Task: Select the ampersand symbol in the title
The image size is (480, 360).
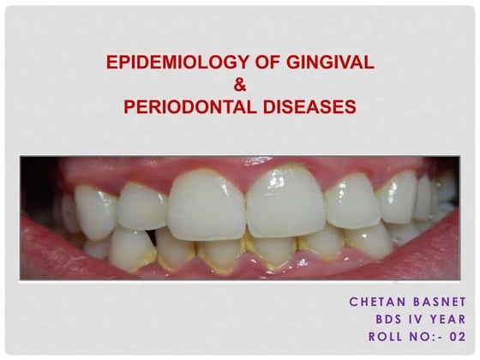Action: click(x=240, y=86)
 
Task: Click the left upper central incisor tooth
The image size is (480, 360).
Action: click(x=207, y=206)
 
